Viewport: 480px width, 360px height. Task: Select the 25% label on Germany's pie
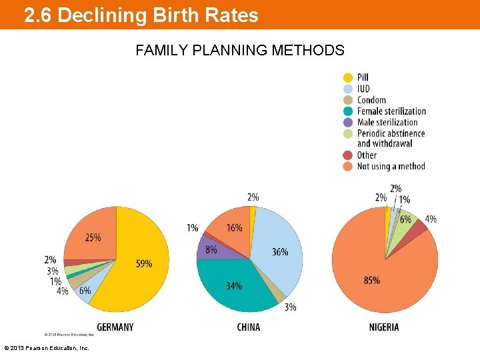click(93, 237)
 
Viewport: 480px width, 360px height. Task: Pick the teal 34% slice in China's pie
click(233, 287)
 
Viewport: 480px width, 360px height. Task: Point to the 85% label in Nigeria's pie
click(372, 281)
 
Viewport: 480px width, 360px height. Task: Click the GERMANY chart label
click(115, 327)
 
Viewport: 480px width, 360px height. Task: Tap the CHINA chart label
click(249, 327)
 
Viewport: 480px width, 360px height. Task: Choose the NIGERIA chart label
click(384, 327)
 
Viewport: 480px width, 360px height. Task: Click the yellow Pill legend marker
click(348, 77)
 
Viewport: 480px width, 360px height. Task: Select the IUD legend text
click(363, 89)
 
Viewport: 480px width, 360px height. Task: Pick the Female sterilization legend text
click(391, 111)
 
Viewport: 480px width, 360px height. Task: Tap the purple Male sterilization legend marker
click(348, 122)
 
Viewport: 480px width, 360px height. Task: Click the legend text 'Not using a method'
click(391, 166)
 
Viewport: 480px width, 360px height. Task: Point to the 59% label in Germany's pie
click(144, 264)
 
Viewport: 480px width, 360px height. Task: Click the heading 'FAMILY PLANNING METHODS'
click(240, 50)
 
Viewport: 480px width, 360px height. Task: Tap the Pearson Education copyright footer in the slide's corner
click(47, 348)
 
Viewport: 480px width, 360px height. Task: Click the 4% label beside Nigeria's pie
click(431, 219)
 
